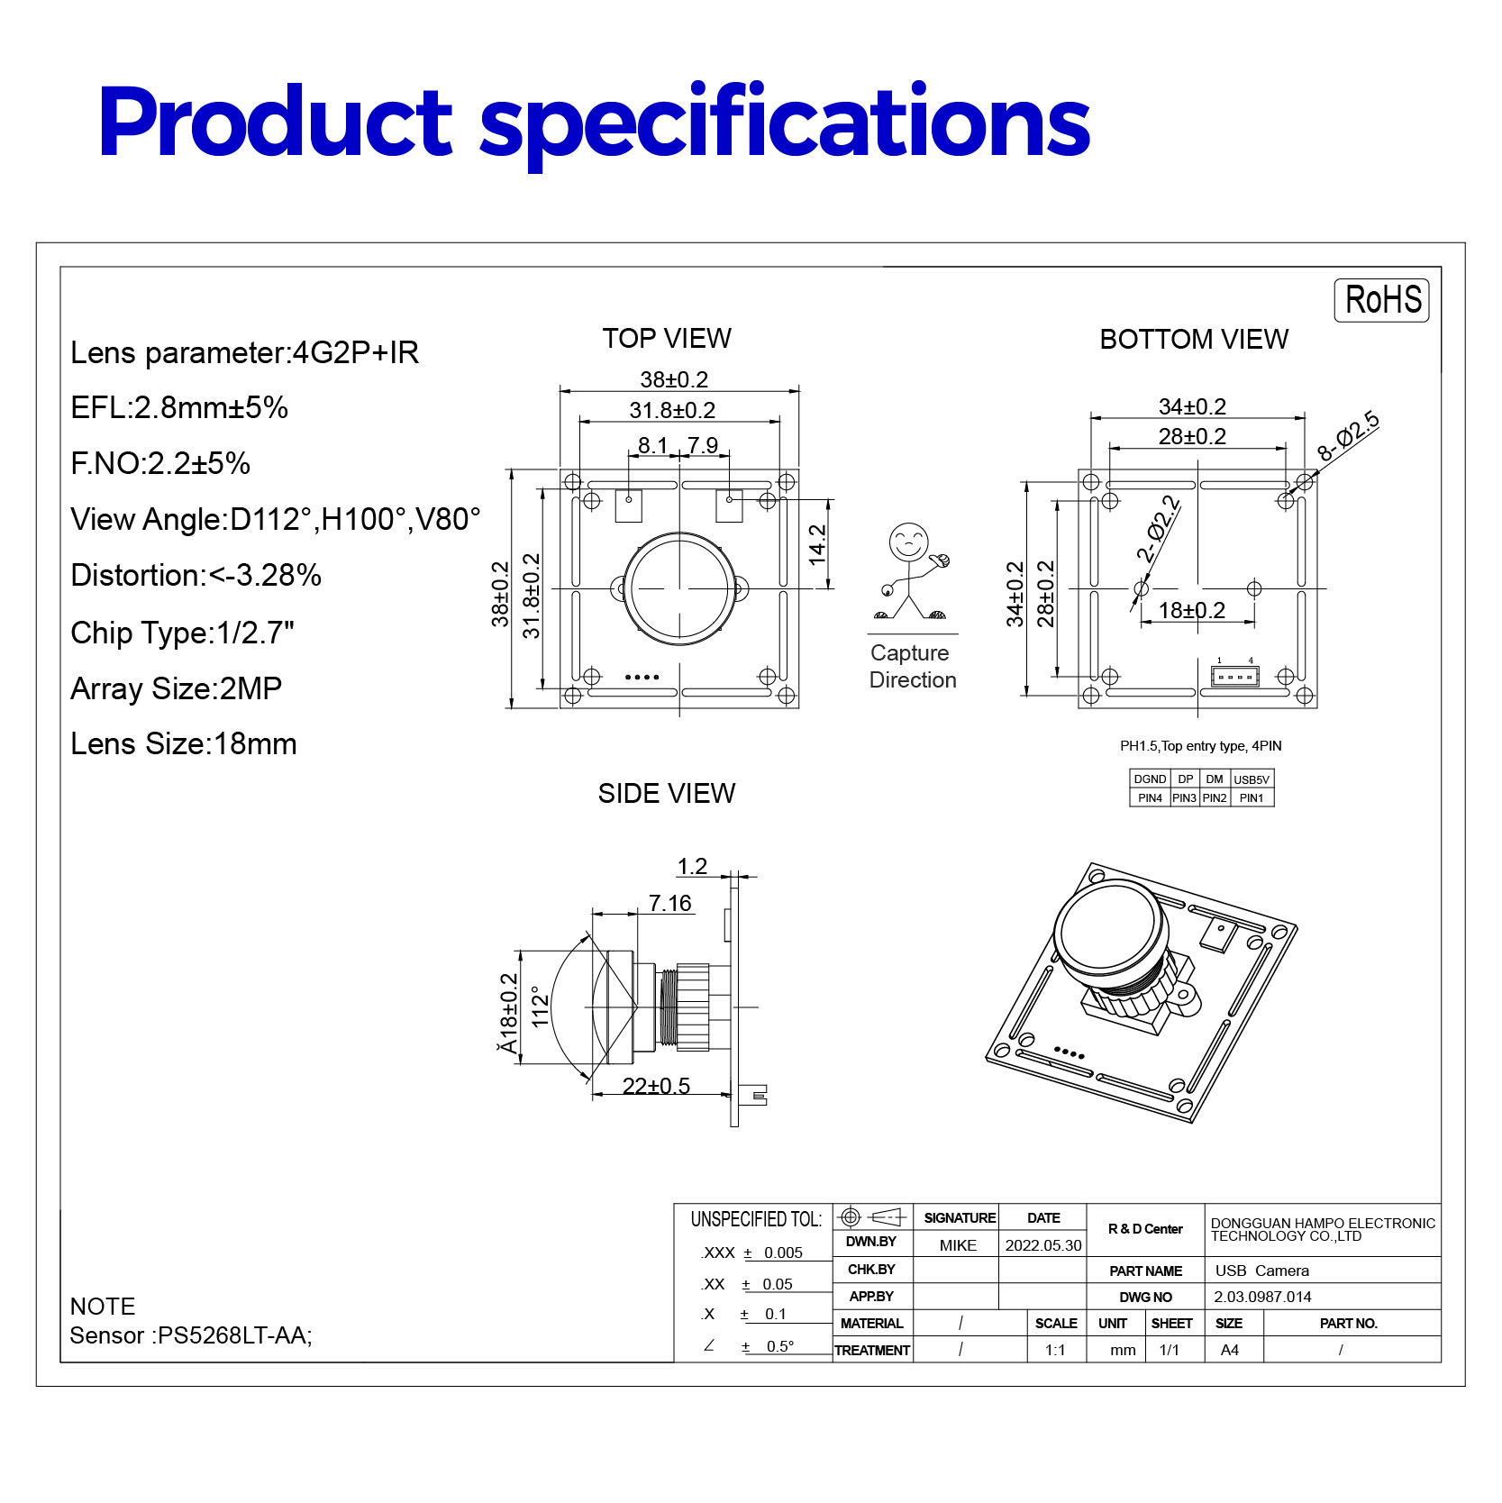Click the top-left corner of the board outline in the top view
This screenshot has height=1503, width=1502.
click(x=560, y=469)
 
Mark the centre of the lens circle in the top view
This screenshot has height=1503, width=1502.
click(x=678, y=588)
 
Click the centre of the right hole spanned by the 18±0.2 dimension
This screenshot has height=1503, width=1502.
click(x=1253, y=588)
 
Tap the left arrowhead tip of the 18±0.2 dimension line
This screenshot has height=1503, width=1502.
click(x=1142, y=621)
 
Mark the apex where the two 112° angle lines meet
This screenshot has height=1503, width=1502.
click(x=636, y=1007)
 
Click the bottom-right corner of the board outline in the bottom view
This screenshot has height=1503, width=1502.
click(x=1316, y=707)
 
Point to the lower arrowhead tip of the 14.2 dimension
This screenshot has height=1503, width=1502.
click(x=828, y=588)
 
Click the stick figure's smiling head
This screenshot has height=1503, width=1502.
click(x=908, y=542)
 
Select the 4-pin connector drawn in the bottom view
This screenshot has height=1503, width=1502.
click(x=1234, y=676)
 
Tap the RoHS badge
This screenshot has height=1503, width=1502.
click(x=1381, y=300)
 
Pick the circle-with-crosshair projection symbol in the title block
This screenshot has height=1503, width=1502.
click(x=851, y=1217)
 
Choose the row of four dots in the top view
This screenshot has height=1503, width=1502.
click(x=642, y=677)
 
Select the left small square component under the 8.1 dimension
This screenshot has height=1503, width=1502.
click(x=629, y=506)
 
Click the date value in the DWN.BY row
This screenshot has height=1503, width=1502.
click(x=1043, y=1245)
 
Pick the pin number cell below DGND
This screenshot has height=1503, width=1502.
click(x=1150, y=798)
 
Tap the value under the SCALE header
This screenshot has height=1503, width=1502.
click(x=1055, y=1350)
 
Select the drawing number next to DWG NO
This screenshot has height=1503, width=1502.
click(x=1262, y=1297)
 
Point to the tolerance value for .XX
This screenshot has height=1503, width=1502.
click(x=777, y=1284)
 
